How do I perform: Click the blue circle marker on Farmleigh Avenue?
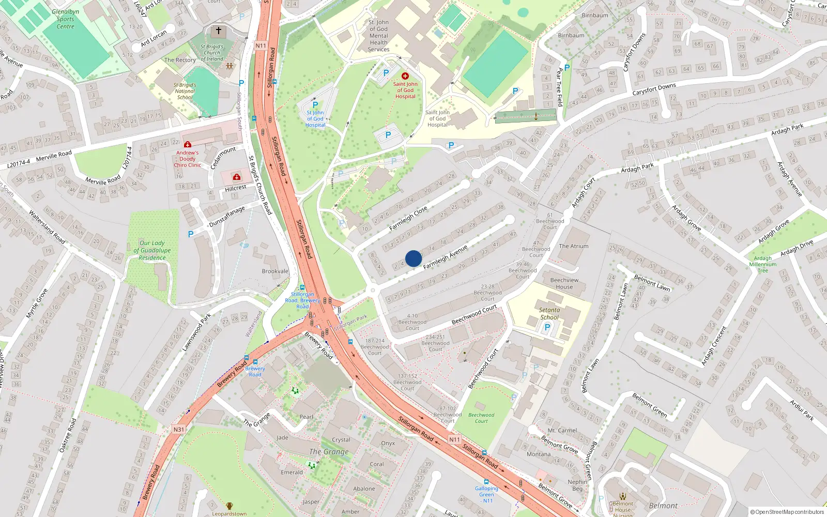(x=413, y=258)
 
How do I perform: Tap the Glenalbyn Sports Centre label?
(x=66, y=19)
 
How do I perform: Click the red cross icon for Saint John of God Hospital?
(x=405, y=76)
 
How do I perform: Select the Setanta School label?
(x=549, y=314)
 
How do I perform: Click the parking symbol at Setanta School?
(x=547, y=327)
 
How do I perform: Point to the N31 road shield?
(x=178, y=429)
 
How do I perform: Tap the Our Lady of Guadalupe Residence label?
(x=152, y=250)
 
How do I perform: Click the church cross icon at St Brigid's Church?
(x=218, y=31)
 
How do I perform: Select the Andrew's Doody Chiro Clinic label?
(x=188, y=159)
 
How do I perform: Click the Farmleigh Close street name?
(x=408, y=219)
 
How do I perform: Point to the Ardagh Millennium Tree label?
(x=763, y=264)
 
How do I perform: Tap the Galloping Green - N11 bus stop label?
(x=486, y=494)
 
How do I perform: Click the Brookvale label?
(x=275, y=271)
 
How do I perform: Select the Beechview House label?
(x=564, y=283)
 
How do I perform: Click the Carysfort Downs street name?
(x=654, y=89)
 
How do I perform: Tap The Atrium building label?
(x=574, y=246)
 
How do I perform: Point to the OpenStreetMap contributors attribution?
(x=787, y=512)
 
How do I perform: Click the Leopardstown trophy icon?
(x=229, y=506)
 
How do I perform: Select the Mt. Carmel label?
(x=562, y=430)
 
